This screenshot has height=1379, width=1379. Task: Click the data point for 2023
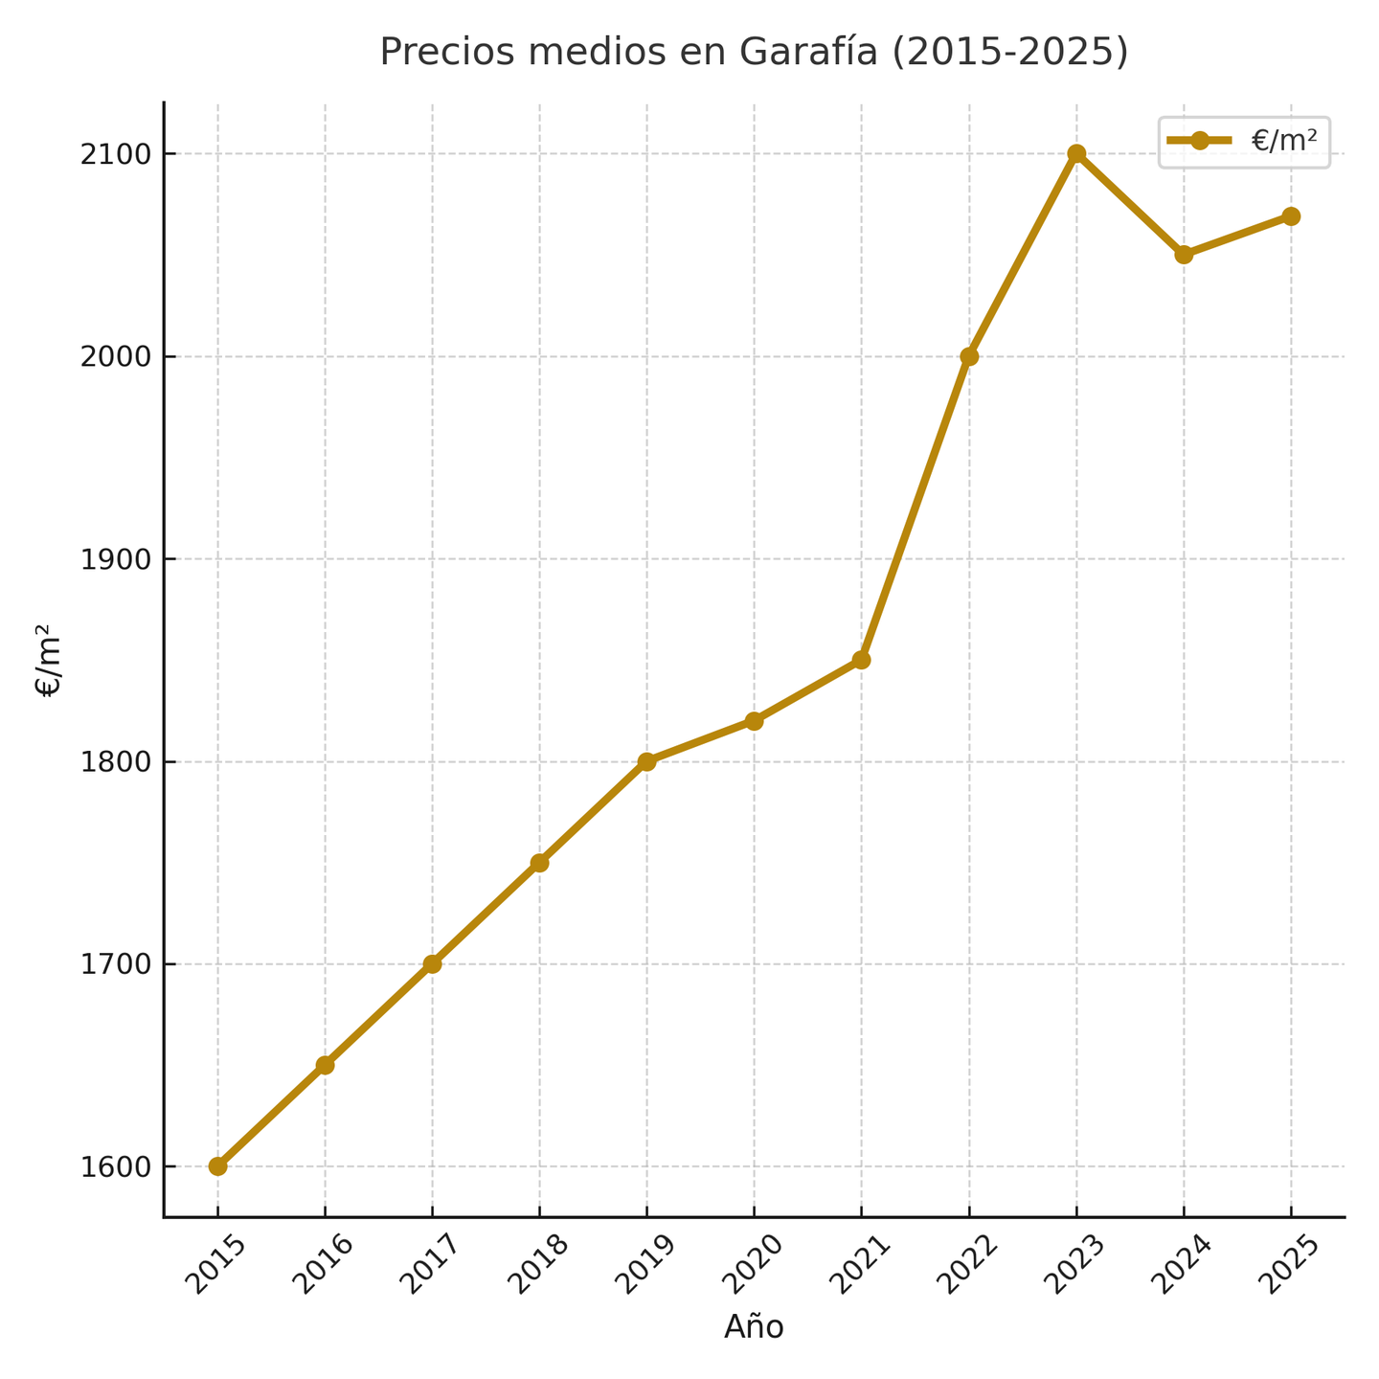tap(1076, 153)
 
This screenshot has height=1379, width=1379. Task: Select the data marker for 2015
tap(217, 1166)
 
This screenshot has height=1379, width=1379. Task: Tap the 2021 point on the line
tap(861, 660)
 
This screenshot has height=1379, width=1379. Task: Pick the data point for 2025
tap(1291, 216)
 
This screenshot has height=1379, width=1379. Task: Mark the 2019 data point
tap(646, 761)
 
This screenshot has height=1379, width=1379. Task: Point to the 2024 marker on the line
tap(1184, 255)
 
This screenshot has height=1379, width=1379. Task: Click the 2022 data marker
tap(969, 356)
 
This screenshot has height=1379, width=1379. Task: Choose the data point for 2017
tap(432, 963)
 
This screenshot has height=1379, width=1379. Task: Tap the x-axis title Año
tap(754, 1327)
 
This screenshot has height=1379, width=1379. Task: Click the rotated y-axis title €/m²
tap(49, 660)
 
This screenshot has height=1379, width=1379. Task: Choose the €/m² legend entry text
tap(1283, 141)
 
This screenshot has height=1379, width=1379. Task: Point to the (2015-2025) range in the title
tap(1010, 53)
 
